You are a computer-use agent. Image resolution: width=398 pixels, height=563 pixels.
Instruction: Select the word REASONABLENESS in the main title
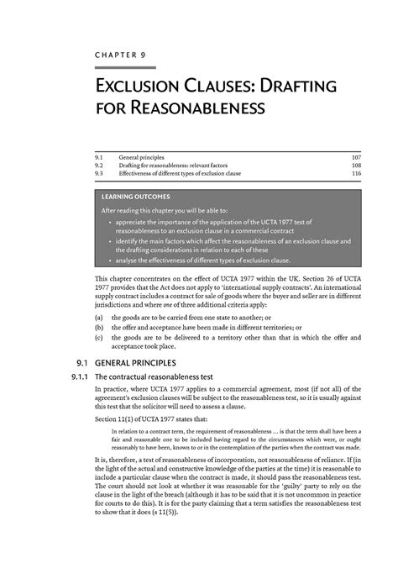[x=193, y=108]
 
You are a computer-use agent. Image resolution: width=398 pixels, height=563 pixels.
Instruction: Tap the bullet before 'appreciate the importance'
[x=110, y=224]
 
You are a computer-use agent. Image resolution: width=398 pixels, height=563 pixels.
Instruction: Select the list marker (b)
[x=100, y=329]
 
